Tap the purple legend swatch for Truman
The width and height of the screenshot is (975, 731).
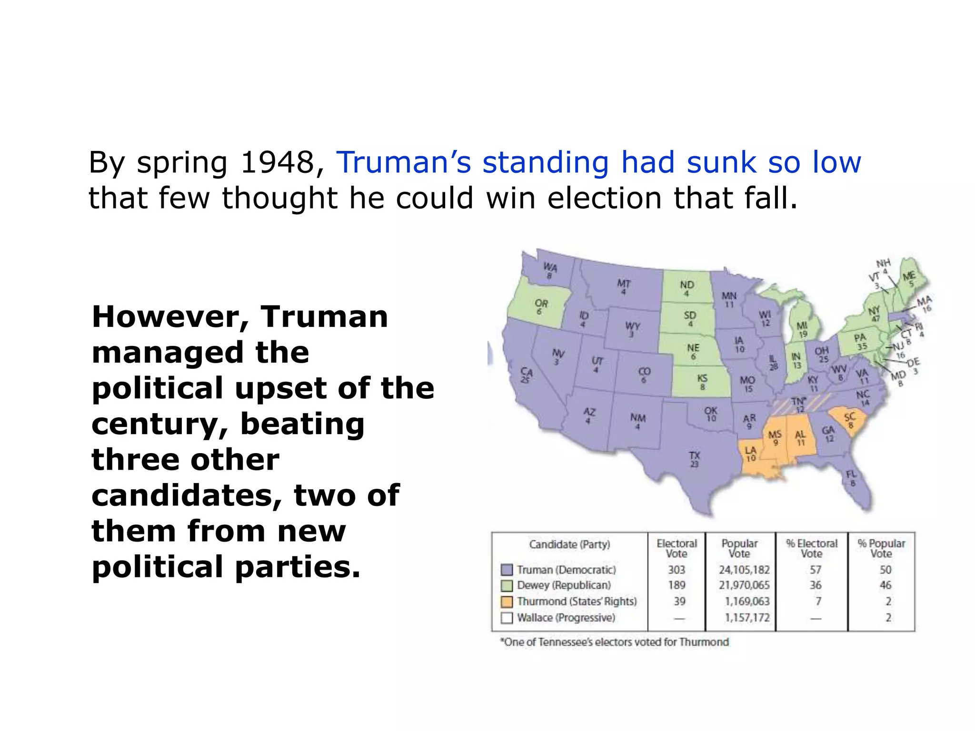[x=507, y=570]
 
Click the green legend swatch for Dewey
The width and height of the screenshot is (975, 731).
[x=507, y=585]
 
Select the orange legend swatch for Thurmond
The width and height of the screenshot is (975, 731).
[x=507, y=602]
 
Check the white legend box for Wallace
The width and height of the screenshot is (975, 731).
[x=507, y=618]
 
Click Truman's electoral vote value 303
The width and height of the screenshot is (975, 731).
[x=676, y=570]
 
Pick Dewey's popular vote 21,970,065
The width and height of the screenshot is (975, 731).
[x=744, y=585]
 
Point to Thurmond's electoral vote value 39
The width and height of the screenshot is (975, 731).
[x=679, y=602]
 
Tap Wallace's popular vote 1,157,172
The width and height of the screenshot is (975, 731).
[x=747, y=618]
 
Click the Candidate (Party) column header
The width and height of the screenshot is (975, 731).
[x=569, y=544]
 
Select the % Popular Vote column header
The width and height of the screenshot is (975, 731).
[x=881, y=548]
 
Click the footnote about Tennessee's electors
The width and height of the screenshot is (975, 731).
[x=614, y=642]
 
